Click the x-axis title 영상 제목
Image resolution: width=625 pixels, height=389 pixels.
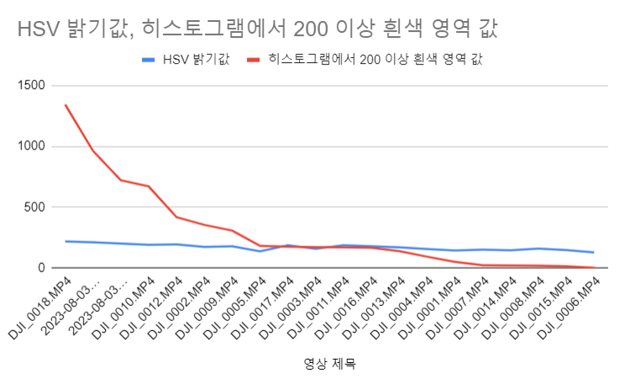coord(329,364)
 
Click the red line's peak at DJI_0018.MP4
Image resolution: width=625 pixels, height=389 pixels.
coord(66,105)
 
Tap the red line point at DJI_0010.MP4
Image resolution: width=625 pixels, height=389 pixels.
coord(149,187)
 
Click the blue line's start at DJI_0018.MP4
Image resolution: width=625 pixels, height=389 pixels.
coord(66,241)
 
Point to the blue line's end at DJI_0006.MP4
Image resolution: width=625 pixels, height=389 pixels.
coord(593,252)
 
